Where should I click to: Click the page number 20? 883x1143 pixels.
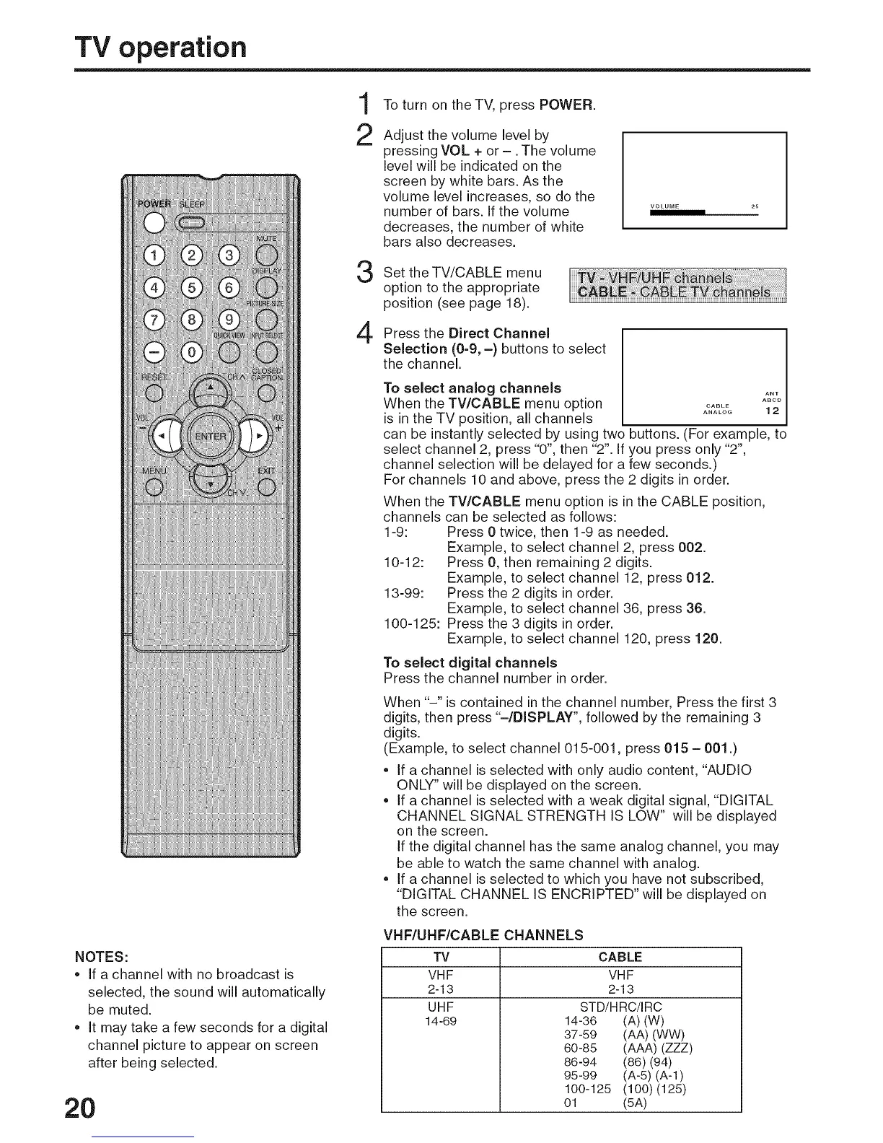[79, 1108]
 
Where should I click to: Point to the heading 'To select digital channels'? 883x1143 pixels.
[470, 662]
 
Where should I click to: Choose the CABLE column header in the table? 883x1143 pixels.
[620, 957]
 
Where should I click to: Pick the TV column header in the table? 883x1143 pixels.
[440, 957]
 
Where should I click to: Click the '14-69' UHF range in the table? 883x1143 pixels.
[440, 1021]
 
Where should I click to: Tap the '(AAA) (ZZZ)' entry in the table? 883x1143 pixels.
[656, 1048]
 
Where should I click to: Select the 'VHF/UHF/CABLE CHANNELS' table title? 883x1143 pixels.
[483, 935]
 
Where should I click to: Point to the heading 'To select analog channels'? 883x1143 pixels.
[473, 388]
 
